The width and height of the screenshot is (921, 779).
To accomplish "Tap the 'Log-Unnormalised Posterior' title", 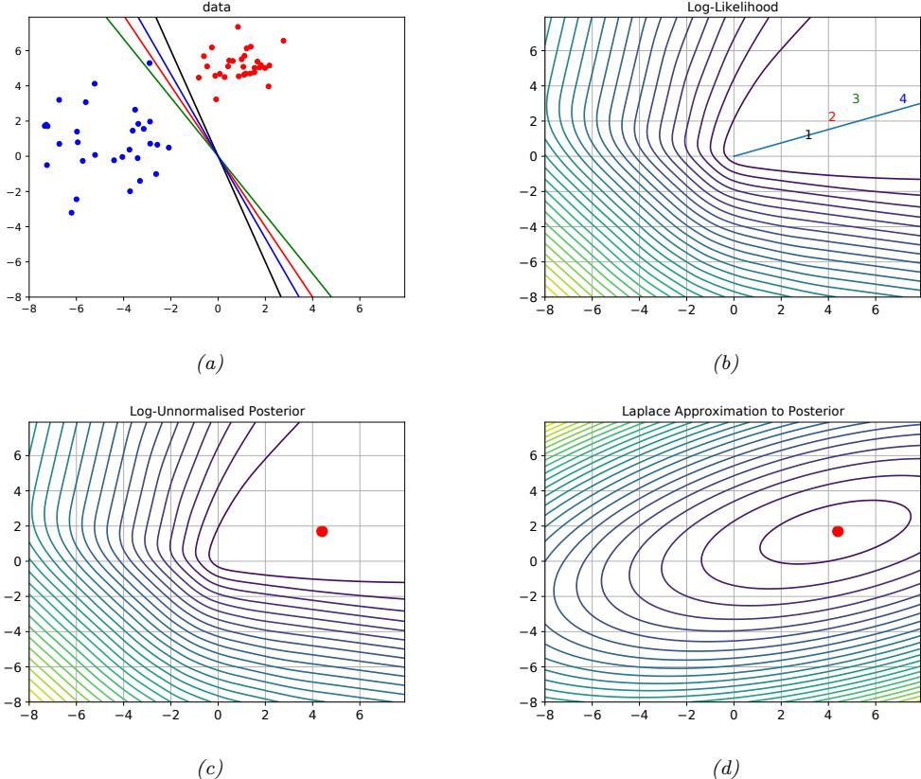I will pyautogui.click(x=217, y=411).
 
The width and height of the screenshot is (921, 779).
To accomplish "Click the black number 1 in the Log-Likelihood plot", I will pyautogui.click(x=807, y=135).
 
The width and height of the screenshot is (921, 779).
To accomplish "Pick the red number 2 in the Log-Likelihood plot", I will pyautogui.click(x=832, y=116).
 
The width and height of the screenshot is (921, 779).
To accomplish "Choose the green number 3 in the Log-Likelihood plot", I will pyautogui.click(x=856, y=98).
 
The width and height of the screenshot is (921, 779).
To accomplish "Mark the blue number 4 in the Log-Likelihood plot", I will pyautogui.click(x=902, y=98).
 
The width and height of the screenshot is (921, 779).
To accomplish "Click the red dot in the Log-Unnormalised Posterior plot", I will pyautogui.click(x=322, y=531).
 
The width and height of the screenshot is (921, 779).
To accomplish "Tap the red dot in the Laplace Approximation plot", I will pyautogui.click(x=838, y=531).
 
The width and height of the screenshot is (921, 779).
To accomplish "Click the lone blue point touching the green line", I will pyautogui.click(x=150, y=63).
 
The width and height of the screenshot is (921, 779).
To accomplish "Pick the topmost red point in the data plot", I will pyautogui.click(x=238, y=27).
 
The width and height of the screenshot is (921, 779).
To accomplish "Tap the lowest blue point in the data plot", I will pyautogui.click(x=71, y=213).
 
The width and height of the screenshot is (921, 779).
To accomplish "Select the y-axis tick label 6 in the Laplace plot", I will pyautogui.click(x=533, y=454).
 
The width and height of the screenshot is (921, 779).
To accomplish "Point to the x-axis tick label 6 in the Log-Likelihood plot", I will pyautogui.click(x=875, y=309).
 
